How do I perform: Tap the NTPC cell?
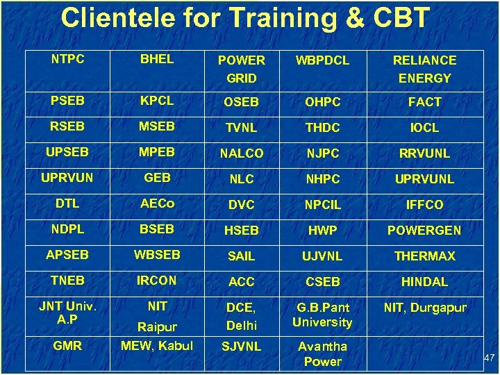(68, 60)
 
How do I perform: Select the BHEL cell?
(157, 60)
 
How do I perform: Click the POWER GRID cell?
(241, 69)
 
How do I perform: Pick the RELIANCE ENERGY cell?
(424, 69)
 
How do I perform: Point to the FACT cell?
(424, 102)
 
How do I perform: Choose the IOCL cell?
(424, 128)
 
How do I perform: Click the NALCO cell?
(241, 153)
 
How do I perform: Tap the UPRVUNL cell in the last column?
(424, 179)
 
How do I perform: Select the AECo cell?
(157, 203)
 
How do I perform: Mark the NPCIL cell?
(323, 205)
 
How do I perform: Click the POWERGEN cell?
(424, 231)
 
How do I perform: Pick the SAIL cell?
(241, 256)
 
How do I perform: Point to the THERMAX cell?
(424, 256)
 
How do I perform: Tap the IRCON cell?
(157, 281)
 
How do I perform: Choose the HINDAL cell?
(424, 282)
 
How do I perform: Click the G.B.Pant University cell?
(323, 315)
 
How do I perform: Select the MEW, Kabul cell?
(157, 345)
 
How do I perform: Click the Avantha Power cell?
(323, 353)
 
